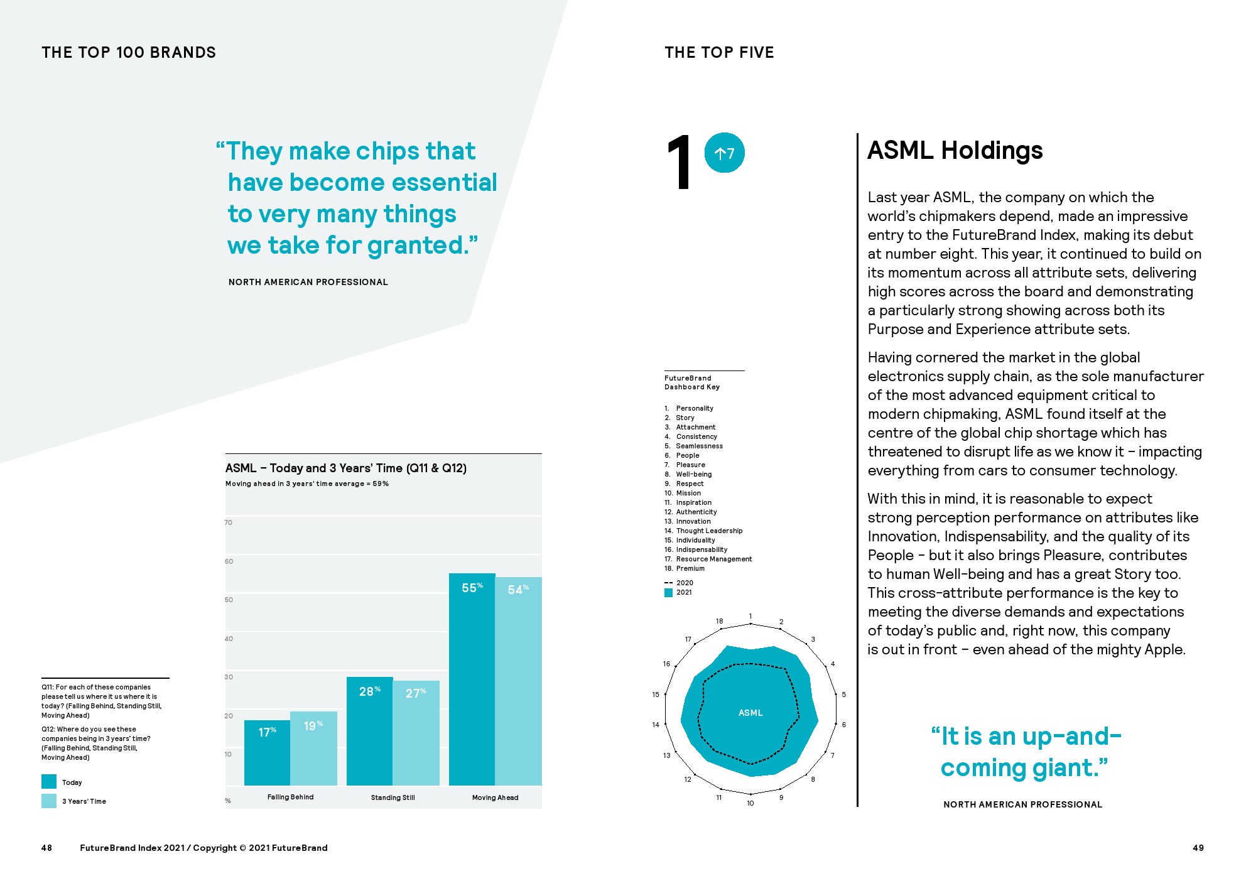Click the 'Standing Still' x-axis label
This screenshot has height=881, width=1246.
coord(393,797)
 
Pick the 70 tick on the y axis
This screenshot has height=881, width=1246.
coord(229,522)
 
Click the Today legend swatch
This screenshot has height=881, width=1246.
coord(49,782)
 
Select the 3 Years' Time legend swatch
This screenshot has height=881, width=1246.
coord(49,801)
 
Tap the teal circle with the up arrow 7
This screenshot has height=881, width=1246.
coord(724,153)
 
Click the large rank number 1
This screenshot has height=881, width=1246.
coord(680,163)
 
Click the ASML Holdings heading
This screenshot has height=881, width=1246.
coord(955,151)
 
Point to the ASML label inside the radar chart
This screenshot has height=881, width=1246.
coord(750,713)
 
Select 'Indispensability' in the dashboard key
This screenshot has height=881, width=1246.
coord(702,549)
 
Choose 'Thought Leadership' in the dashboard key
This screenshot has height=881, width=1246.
coord(709,531)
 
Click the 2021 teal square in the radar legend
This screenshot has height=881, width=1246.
coord(668,592)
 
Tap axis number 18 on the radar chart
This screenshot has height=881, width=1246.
coord(719,621)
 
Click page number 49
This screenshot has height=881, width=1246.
coord(1198,848)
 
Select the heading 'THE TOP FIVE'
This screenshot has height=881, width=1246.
coord(719,53)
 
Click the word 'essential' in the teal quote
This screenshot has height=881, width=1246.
coord(444,183)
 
